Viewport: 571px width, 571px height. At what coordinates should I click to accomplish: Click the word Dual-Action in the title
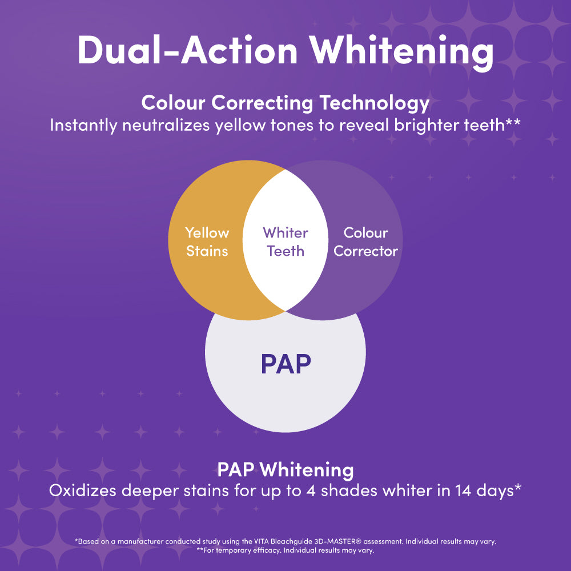(x=187, y=50)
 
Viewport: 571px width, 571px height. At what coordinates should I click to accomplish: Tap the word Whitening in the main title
(x=401, y=53)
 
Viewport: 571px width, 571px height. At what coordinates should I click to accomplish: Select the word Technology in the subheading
(x=375, y=103)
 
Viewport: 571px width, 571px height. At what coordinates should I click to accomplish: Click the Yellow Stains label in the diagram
(x=207, y=242)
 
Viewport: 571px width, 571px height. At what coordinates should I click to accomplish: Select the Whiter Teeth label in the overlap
(x=285, y=242)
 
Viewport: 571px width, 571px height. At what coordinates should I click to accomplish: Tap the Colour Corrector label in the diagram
(x=365, y=242)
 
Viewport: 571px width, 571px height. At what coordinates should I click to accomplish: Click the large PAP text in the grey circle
(x=286, y=364)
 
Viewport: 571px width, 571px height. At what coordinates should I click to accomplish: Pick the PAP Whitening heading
(x=285, y=469)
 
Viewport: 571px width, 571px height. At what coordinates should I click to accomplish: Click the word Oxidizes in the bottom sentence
(x=83, y=490)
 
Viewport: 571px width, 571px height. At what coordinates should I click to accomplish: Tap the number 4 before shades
(x=311, y=491)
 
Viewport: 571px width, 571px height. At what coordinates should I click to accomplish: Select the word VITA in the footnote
(x=261, y=541)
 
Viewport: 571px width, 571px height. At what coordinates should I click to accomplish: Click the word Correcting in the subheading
(x=262, y=103)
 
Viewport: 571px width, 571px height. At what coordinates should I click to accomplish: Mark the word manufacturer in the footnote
(x=140, y=541)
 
